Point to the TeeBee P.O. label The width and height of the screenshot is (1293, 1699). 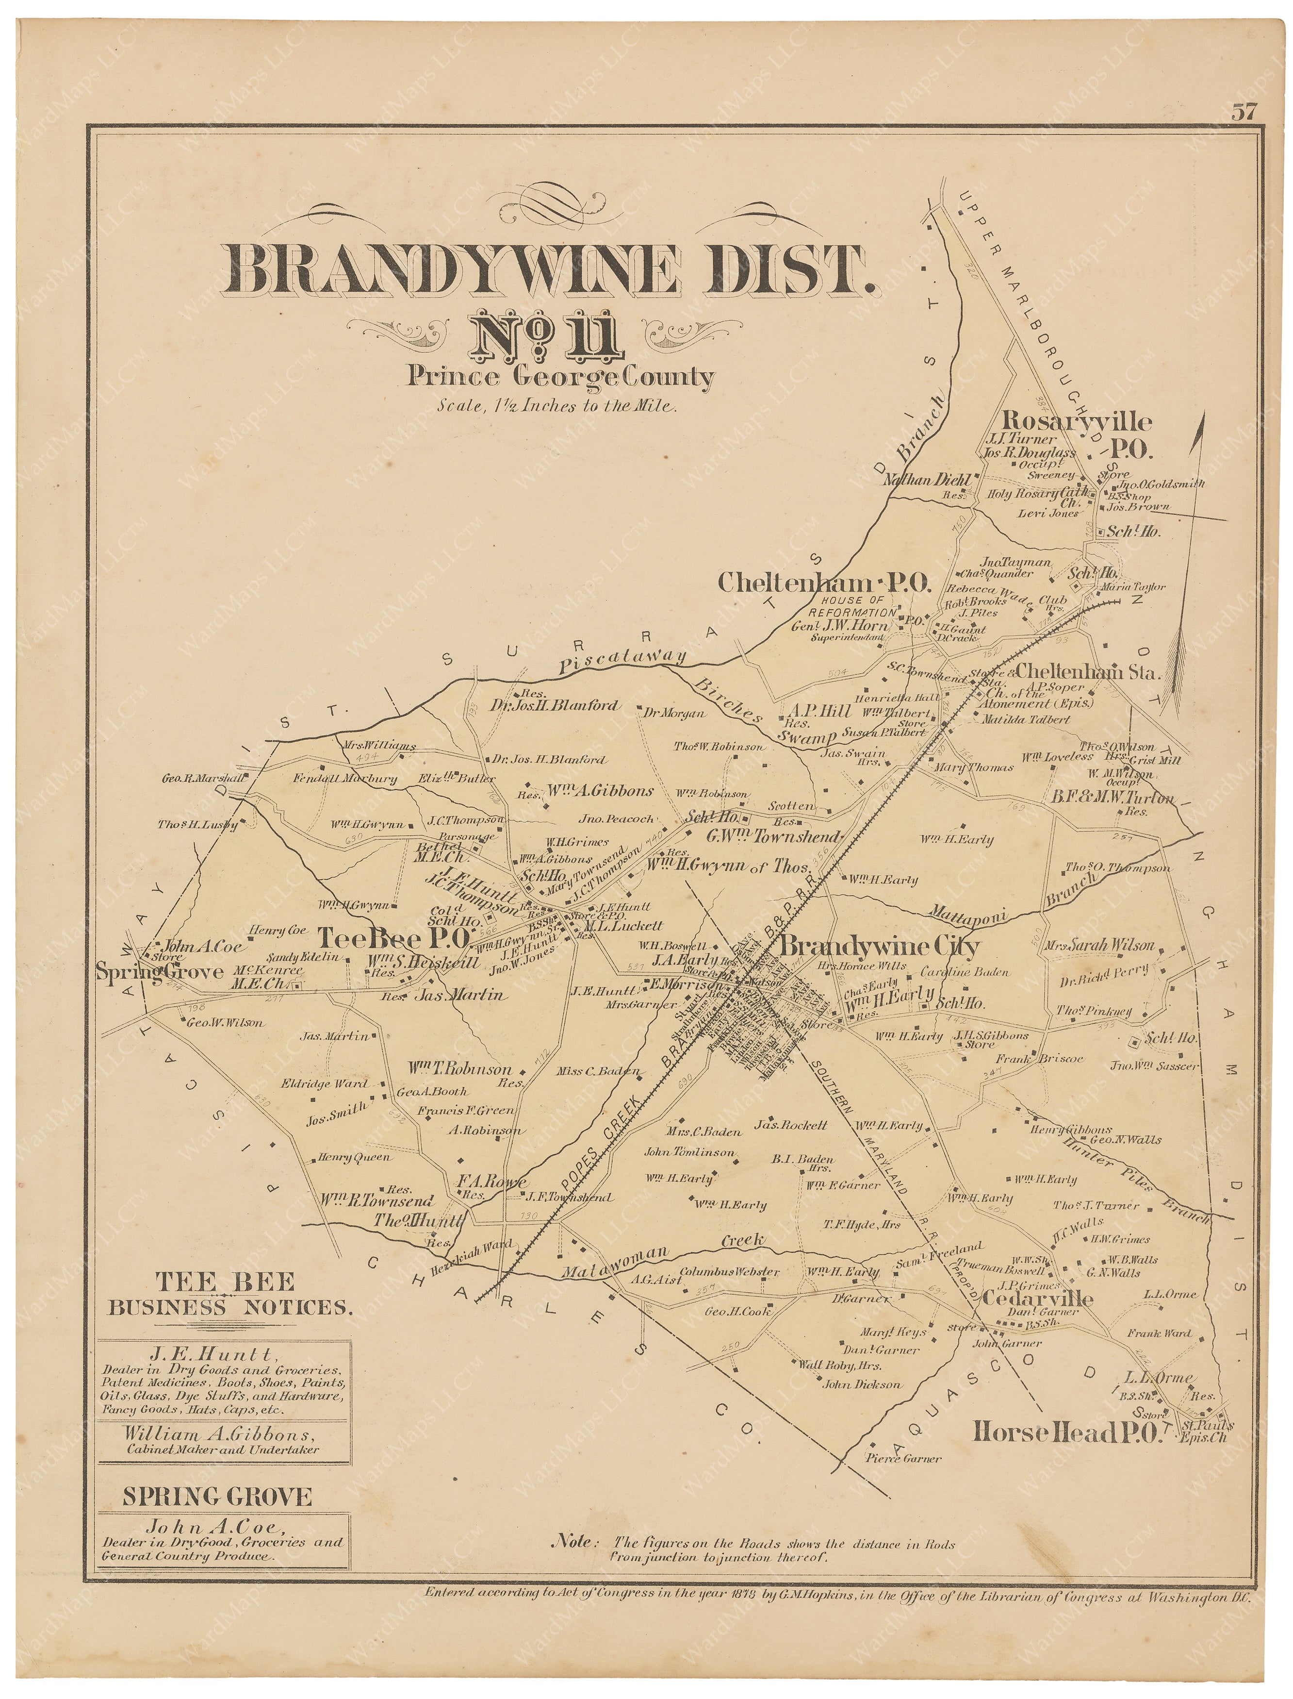[x=394, y=938]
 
